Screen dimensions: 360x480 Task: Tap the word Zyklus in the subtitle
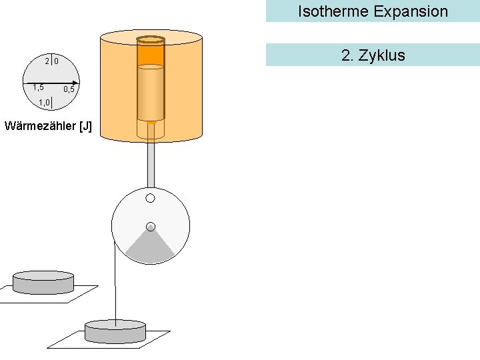click(x=382, y=55)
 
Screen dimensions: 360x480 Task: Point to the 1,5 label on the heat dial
click(x=38, y=87)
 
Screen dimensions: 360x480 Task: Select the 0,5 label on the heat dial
click(x=69, y=89)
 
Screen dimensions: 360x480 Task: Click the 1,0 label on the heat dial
click(x=44, y=102)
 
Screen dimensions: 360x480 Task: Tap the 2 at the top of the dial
click(x=47, y=61)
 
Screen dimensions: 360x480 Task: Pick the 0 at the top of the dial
click(x=57, y=61)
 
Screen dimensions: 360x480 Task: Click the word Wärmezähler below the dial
click(x=39, y=126)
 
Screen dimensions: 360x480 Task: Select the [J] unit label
click(x=85, y=126)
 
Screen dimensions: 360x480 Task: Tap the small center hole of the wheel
click(x=151, y=226)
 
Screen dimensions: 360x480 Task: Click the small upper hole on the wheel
click(x=151, y=198)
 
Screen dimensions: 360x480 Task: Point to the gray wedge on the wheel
click(x=151, y=249)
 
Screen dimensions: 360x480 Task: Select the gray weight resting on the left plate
click(x=43, y=281)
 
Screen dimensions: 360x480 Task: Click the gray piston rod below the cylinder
click(x=151, y=163)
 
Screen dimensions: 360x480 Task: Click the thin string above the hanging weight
click(x=116, y=287)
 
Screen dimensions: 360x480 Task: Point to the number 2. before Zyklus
click(x=347, y=55)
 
